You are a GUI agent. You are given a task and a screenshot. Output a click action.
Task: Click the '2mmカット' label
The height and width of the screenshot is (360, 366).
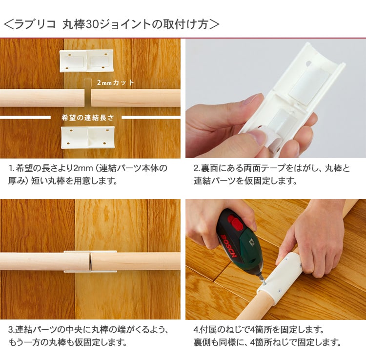coord(116,82)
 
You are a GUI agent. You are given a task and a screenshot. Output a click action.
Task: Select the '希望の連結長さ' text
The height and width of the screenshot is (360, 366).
coord(88,118)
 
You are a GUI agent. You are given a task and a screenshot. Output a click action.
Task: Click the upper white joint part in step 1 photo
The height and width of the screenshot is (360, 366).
coord(86,60)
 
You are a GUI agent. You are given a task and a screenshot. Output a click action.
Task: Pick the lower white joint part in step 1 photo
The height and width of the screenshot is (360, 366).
coord(88,138)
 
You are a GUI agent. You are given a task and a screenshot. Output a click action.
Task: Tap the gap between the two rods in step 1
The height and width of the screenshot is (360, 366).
coord(88,98)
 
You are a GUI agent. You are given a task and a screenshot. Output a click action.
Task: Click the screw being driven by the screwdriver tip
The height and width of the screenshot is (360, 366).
coord(264,282)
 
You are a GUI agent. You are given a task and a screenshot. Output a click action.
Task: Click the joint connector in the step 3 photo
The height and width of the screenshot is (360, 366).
coord(90,261)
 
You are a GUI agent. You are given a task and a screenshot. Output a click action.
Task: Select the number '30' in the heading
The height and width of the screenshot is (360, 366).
coord(92,24)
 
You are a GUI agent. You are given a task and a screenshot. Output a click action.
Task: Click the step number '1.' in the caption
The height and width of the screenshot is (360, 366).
coord(11,168)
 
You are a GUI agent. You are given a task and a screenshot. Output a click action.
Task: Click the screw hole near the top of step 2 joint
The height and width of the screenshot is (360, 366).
coord(309,63)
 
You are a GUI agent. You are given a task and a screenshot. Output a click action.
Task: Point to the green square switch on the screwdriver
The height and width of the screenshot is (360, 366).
coord(252,242)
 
